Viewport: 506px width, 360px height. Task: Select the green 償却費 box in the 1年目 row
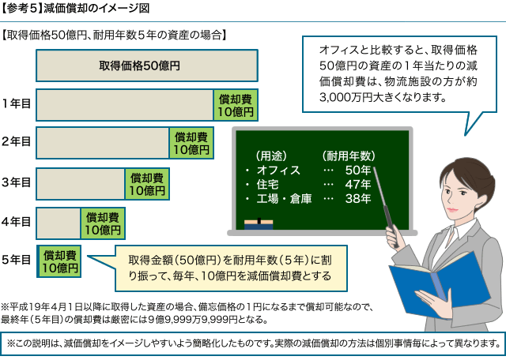click(236, 105)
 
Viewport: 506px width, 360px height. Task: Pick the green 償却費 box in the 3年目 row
click(147, 185)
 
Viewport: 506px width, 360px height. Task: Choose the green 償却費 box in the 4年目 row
click(103, 224)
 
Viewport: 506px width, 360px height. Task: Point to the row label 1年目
click(16, 103)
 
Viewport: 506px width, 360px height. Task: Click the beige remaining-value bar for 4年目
click(57, 224)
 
